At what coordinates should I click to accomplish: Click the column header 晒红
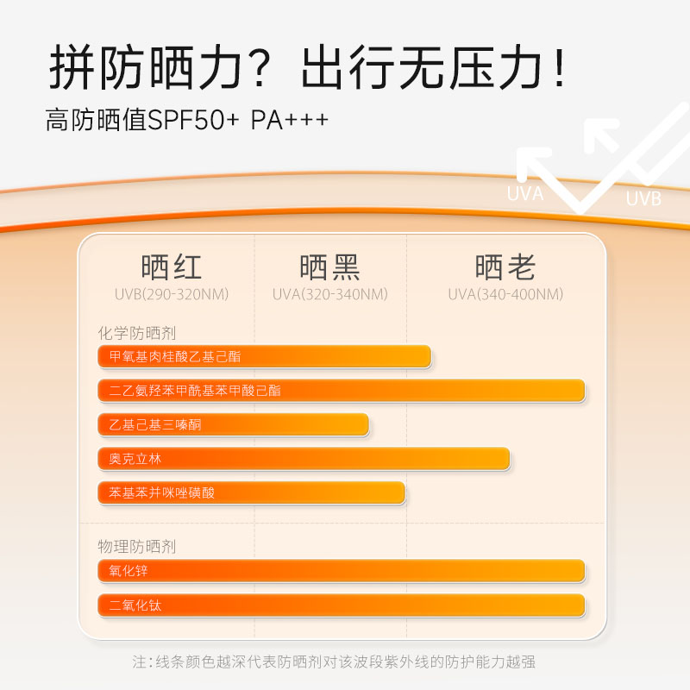click(x=171, y=267)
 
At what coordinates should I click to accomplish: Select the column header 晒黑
click(x=329, y=267)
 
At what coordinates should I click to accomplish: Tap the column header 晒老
click(x=505, y=267)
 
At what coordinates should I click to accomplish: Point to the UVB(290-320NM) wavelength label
click(x=172, y=294)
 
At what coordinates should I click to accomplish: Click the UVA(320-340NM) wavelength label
click(x=329, y=294)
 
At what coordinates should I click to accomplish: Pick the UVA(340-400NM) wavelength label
click(x=505, y=294)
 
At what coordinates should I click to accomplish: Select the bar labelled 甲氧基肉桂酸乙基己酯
click(x=264, y=356)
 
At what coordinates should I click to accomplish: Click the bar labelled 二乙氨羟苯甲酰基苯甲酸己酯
click(x=342, y=391)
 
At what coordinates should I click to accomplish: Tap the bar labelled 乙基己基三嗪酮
click(x=233, y=424)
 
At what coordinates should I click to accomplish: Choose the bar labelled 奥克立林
click(x=304, y=459)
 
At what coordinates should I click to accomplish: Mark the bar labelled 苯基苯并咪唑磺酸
click(x=251, y=493)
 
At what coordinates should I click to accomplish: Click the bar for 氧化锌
click(x=342, y=571)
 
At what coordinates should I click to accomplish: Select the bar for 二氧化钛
click(x=342, y=605)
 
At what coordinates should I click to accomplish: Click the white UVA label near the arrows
click(x=525, y=194)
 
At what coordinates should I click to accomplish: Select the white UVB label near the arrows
click(x=643, y=198)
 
